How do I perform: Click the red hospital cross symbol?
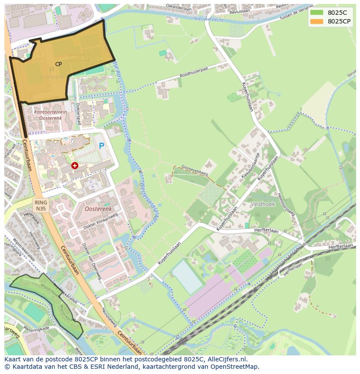75,165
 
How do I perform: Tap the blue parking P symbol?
102,146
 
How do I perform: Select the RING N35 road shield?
41,205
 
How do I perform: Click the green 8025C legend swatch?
317,12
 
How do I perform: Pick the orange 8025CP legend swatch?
317,21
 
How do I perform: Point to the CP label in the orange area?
58,64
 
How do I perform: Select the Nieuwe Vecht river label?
209,19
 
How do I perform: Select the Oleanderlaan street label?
173,7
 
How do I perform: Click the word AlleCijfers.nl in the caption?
226,360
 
